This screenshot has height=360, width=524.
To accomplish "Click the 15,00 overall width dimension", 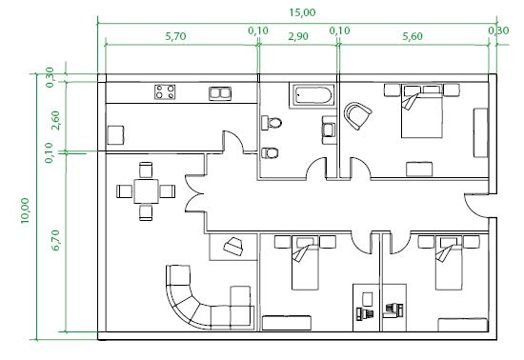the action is tap(302, 12).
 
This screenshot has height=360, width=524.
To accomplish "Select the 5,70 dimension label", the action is tap(175, 36).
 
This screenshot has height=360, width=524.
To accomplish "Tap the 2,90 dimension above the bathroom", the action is tap(298, 36).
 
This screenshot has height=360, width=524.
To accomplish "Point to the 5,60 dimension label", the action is tap(413, 36).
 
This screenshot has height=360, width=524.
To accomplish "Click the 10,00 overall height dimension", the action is tap(25, 210).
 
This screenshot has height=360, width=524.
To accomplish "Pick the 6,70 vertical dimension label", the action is tap(55, 240).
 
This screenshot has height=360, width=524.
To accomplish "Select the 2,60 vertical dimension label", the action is tap(55, 120).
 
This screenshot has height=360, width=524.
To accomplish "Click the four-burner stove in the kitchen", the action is tap(165, 91).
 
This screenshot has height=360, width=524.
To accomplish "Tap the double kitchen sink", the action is tap(220, 93).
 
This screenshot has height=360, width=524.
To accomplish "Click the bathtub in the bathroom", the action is tap(313, 95).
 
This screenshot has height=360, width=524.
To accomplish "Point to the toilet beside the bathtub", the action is tap(272, 123).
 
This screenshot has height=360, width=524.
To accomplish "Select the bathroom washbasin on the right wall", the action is tap(330, 130).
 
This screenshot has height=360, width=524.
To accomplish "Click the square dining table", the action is tap(147, 191).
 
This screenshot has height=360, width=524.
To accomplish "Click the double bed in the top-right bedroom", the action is tap(422, 110).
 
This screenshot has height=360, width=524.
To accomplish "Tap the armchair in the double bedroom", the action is tap(357, 115).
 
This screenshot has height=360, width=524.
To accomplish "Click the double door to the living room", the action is tap(194, 193).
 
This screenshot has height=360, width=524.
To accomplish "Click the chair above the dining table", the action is tap(146, 170).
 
